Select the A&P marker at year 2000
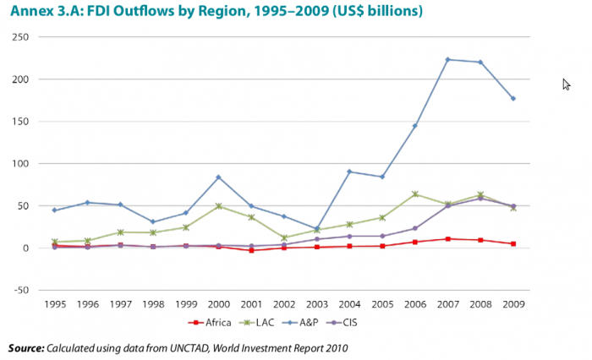pyautogui.click(x=219, y=177)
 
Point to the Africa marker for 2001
pyautogui.click(x=251, y=250)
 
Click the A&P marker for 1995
pyautogui.click(x=54, y=210)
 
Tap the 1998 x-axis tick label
pyautogui.click(x=152, y=303)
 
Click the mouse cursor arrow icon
pyautogui.click(x=567, y=84)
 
